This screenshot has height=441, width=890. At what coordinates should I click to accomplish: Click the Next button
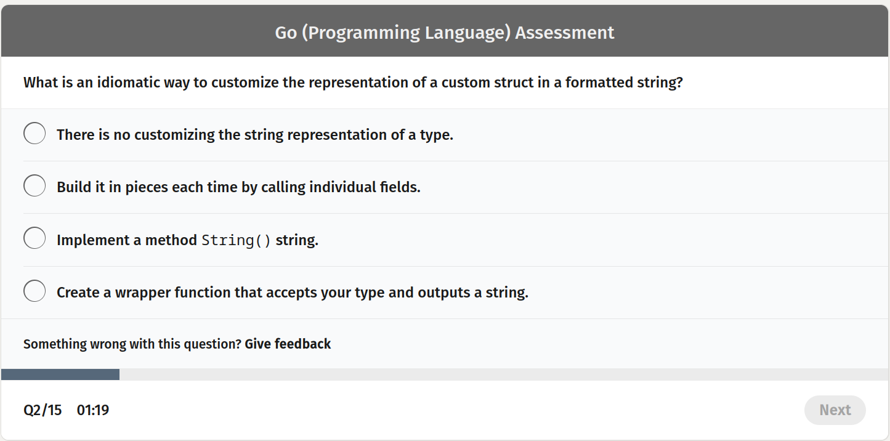click(835, 410)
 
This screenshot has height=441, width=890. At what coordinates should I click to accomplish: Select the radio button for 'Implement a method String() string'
click(34, 238)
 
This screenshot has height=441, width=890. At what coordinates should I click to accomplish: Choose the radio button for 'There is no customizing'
click(34, 133)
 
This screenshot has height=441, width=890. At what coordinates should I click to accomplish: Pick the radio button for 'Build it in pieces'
click(34, 185)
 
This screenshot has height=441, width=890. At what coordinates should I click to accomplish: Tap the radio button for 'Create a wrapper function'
click(34, 291)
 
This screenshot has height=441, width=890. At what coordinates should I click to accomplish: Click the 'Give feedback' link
click(288, 344)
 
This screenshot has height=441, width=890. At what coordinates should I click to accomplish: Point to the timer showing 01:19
click(93, 410)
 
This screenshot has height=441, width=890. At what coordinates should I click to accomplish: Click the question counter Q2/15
click(42, 410)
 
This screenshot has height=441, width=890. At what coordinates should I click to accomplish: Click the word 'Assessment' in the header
click(565, 33)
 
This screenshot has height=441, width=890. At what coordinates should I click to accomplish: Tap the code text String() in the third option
click(236, 240)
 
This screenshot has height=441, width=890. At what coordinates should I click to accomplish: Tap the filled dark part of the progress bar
click(60, 374)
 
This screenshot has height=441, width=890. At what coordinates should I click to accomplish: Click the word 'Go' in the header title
click(286, 33)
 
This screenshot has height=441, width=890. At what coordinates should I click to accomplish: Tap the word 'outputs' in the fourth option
click(443, 293)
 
